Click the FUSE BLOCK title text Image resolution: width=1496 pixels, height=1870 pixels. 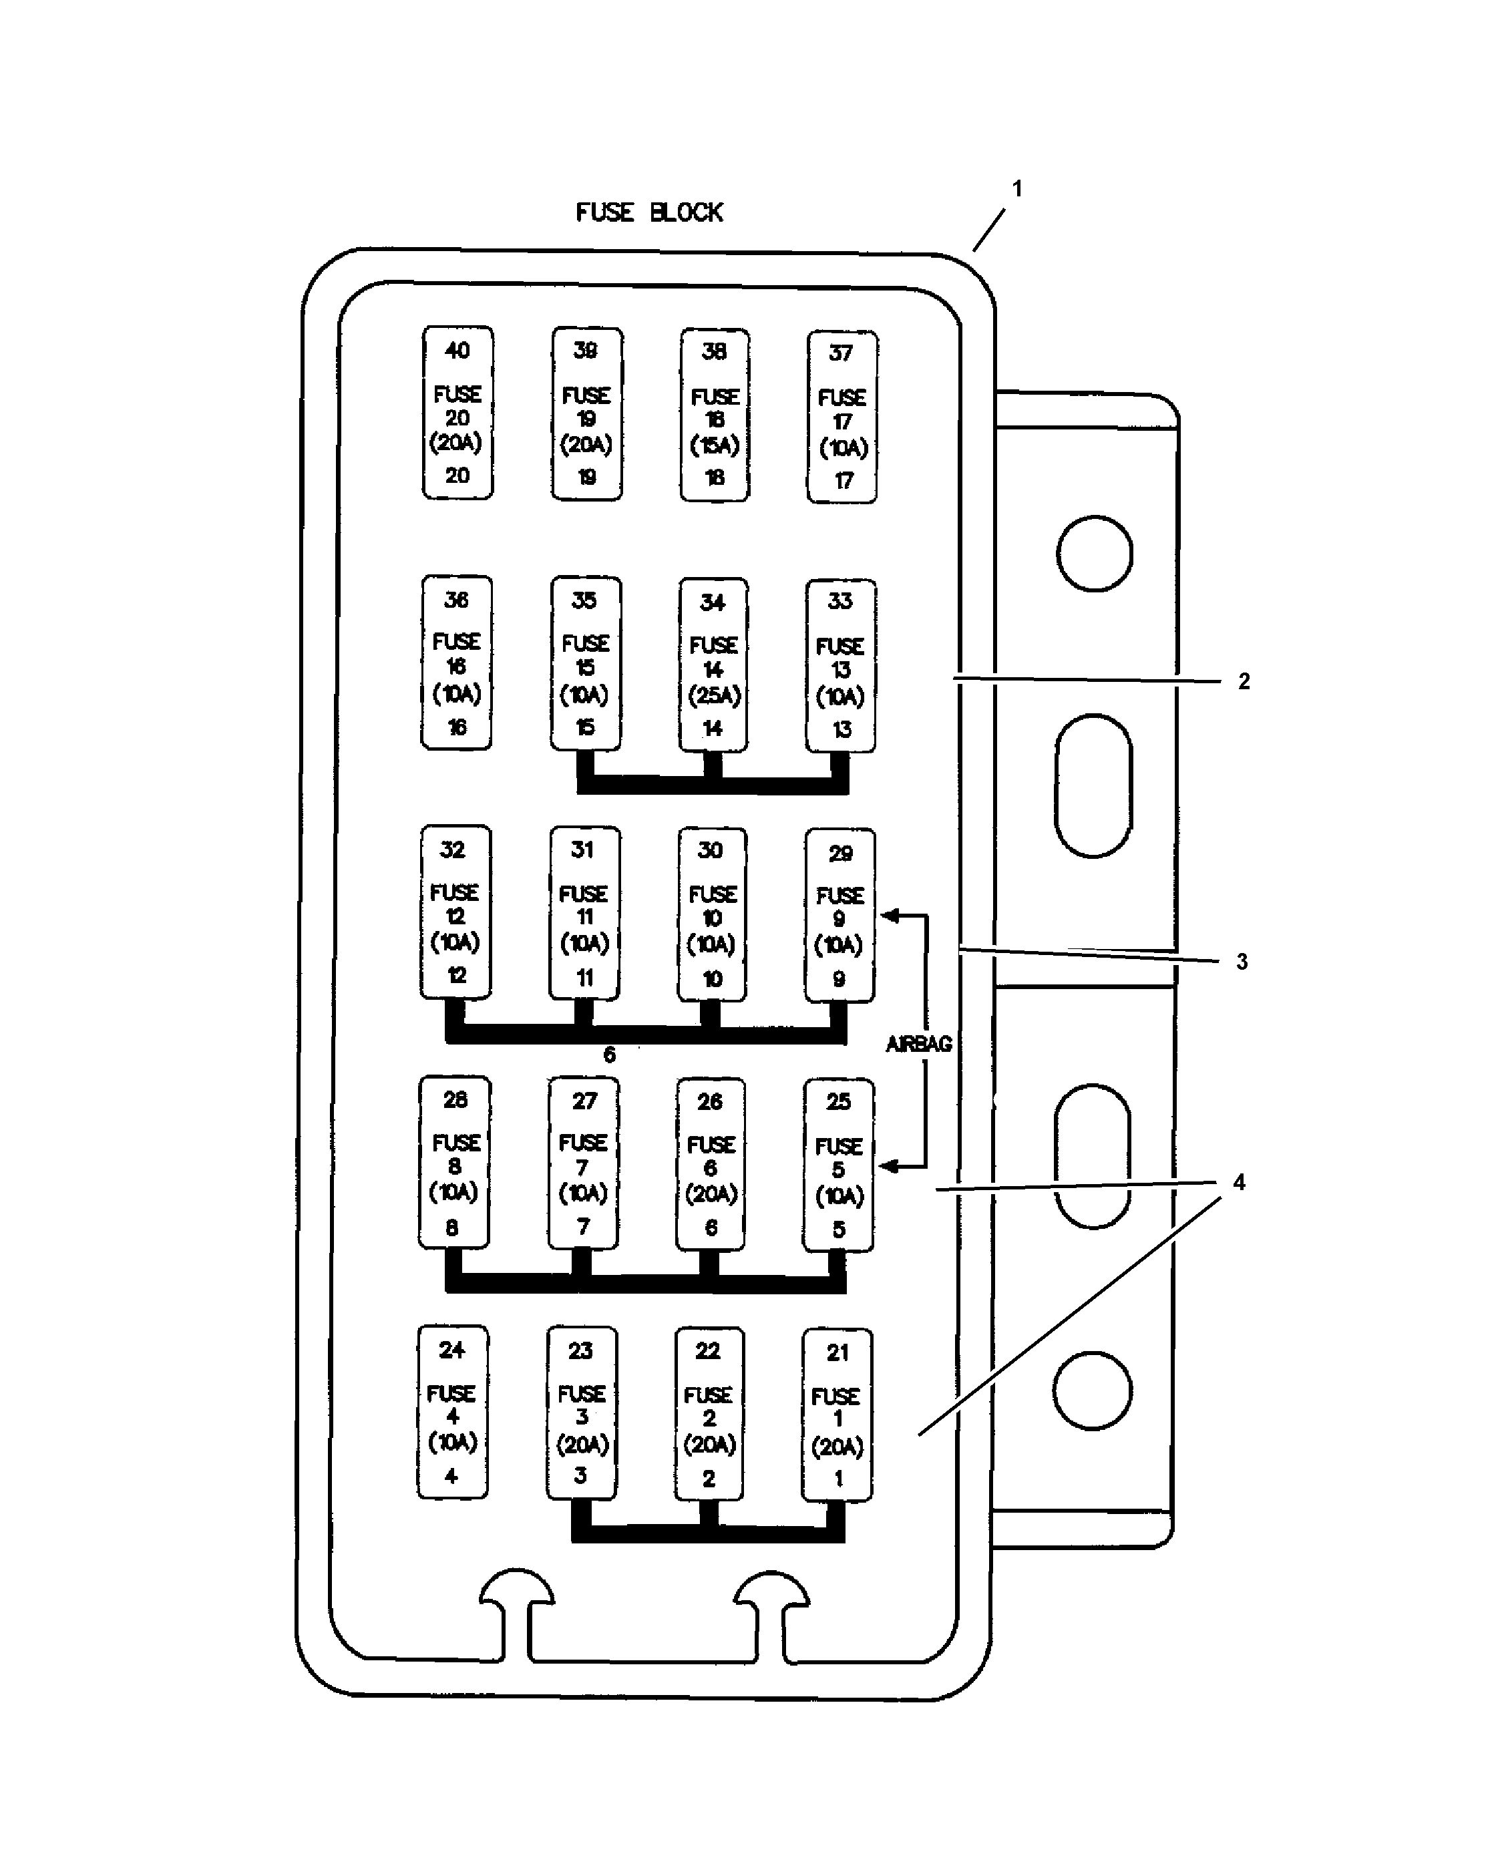pos(648,212)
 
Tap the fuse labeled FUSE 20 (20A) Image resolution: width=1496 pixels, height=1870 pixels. pos(457,413)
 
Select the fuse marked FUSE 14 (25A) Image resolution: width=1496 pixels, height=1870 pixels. pos(713,665)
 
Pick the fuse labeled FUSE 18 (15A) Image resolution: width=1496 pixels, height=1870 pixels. pos(715,415)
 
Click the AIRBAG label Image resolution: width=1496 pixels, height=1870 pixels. pos(918,1045)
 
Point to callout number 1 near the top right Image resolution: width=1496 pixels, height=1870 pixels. pos(1017,188)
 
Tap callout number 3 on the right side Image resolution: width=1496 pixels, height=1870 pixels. pos(1242,961)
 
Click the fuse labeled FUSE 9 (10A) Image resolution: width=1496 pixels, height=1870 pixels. pos(839,916)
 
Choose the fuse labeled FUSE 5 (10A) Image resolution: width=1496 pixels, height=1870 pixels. pos(837,1165)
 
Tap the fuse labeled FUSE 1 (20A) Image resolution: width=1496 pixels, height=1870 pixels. pos(837,1415)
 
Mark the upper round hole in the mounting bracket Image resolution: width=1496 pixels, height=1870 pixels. pos(1095,554)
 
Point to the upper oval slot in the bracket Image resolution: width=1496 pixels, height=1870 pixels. pos(1093,786)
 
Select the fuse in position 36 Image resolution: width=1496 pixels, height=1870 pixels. pos(456,663)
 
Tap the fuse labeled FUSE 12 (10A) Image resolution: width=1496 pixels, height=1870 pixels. pos(455,912)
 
